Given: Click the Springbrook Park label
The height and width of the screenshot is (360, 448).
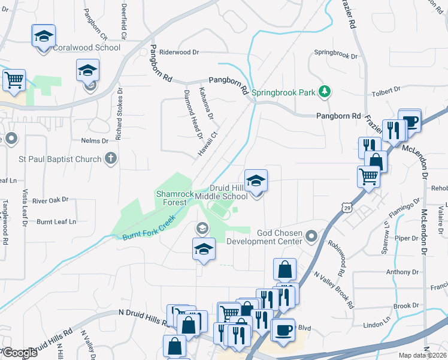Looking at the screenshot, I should (284, 93).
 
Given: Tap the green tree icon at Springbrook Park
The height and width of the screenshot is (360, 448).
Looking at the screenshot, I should (325, 91).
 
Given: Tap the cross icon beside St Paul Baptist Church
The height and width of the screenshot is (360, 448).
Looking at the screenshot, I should (110, 159).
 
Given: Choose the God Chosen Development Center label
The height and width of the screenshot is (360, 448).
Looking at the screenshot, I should (279, 237).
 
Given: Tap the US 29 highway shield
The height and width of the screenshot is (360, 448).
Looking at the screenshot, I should (347, 207).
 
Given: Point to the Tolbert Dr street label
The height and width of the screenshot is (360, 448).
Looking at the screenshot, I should (386, 90).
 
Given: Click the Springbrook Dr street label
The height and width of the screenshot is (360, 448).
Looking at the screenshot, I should (336, 56).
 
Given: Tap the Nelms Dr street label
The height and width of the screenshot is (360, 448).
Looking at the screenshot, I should (95, 140).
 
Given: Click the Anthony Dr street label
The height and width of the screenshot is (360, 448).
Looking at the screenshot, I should (402, 272).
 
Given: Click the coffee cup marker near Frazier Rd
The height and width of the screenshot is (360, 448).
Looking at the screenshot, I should (410, 121).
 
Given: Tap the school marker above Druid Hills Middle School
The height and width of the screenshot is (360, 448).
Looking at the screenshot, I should (256, 181).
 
